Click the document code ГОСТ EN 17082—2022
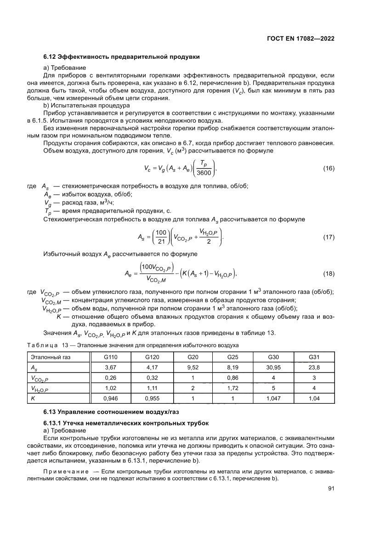point(300,39)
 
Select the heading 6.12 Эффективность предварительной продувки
point(121,57)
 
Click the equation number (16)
point(329,169)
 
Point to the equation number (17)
point(329,237)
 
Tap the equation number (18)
point(329,274)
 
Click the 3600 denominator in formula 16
point(203,173)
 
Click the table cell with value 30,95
point(273,367)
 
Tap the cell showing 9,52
point(192,367)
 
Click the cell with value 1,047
point(273,398)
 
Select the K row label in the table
point(33,398)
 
